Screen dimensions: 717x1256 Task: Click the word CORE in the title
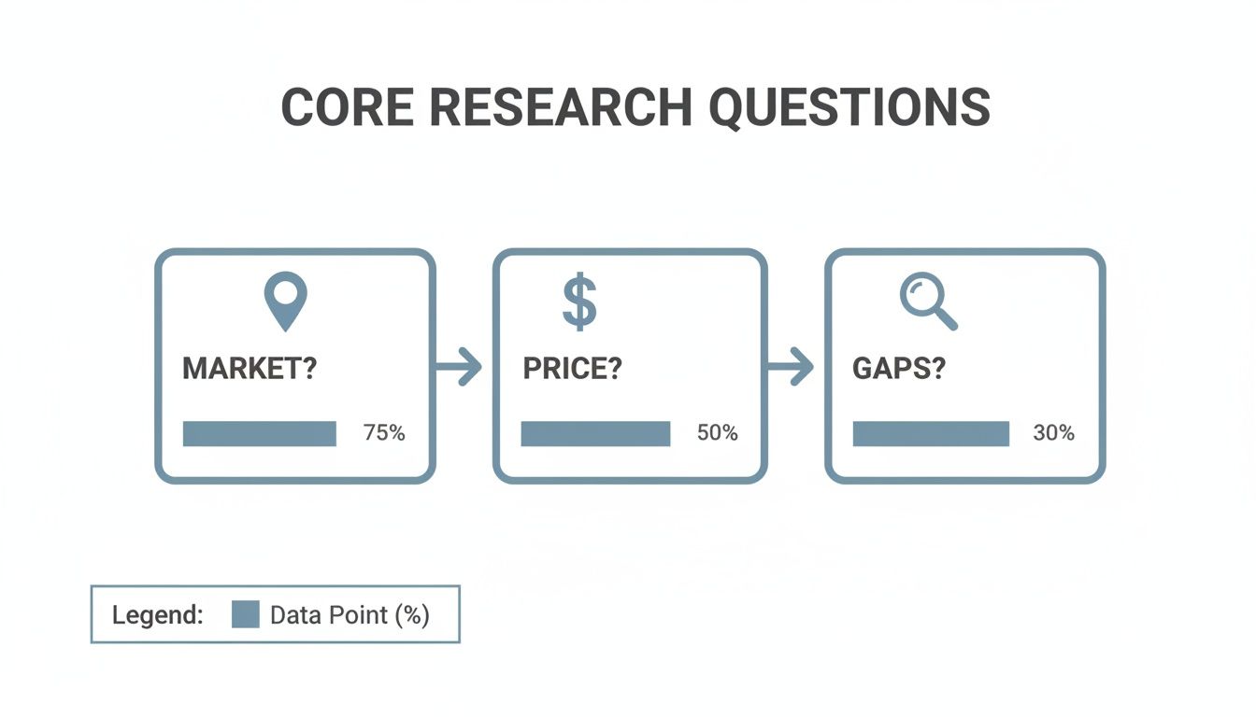point(345,107)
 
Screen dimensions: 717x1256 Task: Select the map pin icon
point(285,301)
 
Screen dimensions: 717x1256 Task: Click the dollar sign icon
point(579,301)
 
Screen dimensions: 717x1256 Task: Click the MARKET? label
point(250,368)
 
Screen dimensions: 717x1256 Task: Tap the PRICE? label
point(572,368)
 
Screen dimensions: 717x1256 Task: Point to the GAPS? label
point(899,368)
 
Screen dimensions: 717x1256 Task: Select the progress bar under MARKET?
point(260,433)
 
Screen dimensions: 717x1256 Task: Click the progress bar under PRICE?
point(595,433)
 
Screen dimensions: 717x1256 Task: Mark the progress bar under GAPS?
point(931,433)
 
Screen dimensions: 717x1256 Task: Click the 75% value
point(383,433)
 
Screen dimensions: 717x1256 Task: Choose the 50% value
point(717,433)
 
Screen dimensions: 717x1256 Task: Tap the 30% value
point(1053,433)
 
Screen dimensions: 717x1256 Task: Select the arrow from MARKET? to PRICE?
point(460,368)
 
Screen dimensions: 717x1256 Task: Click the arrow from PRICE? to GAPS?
point(792,367)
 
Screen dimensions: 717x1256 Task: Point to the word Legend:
point(157,615)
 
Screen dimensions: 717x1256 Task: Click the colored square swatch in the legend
point(245,614)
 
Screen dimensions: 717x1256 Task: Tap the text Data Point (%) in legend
point(350,615)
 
